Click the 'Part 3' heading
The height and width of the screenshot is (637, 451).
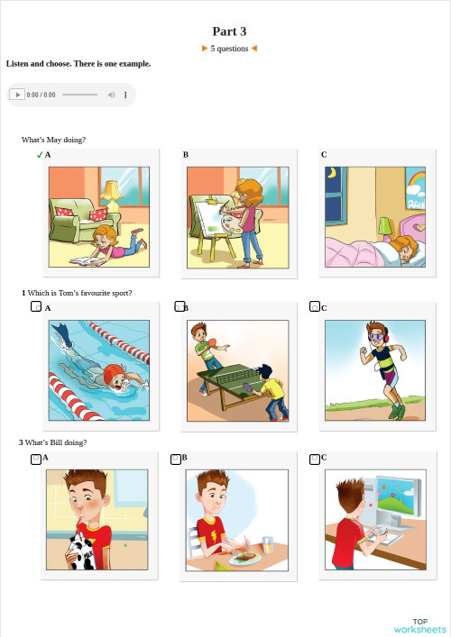pyautogui.click(x=229, y=31)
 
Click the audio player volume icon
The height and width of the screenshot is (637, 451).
pyautogui.click(x=112, y=95)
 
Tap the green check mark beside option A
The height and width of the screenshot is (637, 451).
pyautogui.click(x=40, y=155)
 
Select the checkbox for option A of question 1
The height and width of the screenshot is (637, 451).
pyautogui.click(x=36, y=307)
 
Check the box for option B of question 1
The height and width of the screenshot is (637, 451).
pyautogui.click(x=179, y=306)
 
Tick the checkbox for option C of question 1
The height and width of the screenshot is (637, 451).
pyautogui.click(x=315, y=306)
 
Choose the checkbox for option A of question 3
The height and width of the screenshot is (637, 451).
pyautogui.click(x=36, y=459)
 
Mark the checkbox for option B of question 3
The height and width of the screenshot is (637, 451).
pyautogui.click(x=177, y=459)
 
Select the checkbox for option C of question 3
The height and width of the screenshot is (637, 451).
pyautogui.click(x=315, y=459)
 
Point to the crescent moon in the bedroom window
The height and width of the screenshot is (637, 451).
pyautogui.click(x=333, y=173)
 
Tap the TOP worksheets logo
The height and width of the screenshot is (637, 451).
pyautogui.click(x=419, y=625)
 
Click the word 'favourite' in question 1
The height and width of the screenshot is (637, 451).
pyautogui.click(x=99, y=293)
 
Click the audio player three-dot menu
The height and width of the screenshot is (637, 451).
pyautogui.click(x=125, y=95)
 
